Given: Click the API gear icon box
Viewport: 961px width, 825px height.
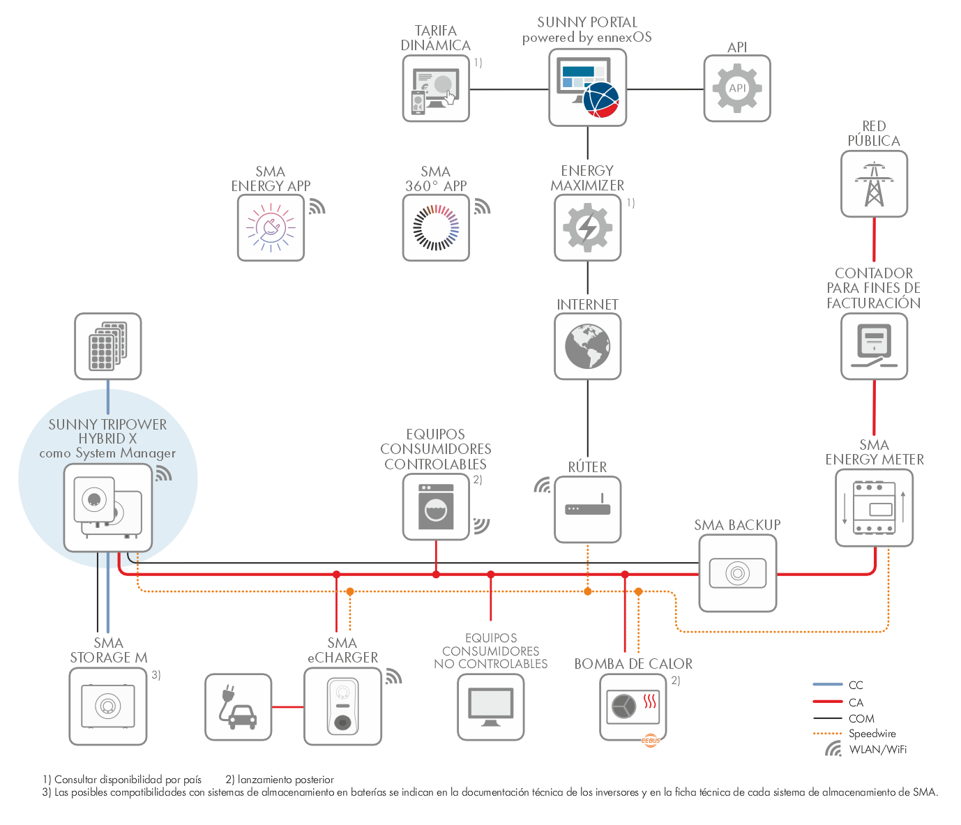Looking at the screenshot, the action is [x=737, y=89].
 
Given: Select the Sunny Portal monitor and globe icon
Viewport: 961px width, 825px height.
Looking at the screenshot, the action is [x=588, y=87].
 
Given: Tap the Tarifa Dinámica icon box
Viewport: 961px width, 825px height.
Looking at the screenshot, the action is [x=436, y=89].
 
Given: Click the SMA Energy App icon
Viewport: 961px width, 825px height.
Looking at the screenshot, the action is [x=271, y=227].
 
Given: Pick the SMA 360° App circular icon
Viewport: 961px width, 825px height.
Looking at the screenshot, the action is [x=436, y=227].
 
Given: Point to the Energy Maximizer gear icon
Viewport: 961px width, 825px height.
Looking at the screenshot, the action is [x=588, y=227].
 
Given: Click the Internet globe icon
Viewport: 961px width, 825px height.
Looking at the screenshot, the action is [x=588, y=347].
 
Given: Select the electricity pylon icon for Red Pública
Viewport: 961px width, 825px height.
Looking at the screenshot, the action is [x=874, y=183].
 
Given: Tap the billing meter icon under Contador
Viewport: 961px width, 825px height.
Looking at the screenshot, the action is [x=874, y=347].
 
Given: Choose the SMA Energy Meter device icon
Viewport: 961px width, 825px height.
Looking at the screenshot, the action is [x=874, y=508].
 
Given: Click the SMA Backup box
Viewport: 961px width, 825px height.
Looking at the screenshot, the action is [x=737, y=573].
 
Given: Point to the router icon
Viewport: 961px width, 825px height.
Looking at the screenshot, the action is [x=588, y=509].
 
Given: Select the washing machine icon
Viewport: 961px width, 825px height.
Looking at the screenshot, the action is [x=436, y=507].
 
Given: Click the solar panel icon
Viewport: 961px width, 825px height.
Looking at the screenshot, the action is [x=108, y=347].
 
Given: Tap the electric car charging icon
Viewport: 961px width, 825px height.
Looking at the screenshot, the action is [x=238, y=707].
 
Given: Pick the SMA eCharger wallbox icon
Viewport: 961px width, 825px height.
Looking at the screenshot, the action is [x=342, y=706].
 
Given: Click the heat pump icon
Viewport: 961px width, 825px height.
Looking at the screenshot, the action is [x=633, y=707].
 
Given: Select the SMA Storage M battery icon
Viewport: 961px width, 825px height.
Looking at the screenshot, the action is [x=108, y=706].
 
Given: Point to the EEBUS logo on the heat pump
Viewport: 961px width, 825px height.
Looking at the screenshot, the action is [x=651, y=741].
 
